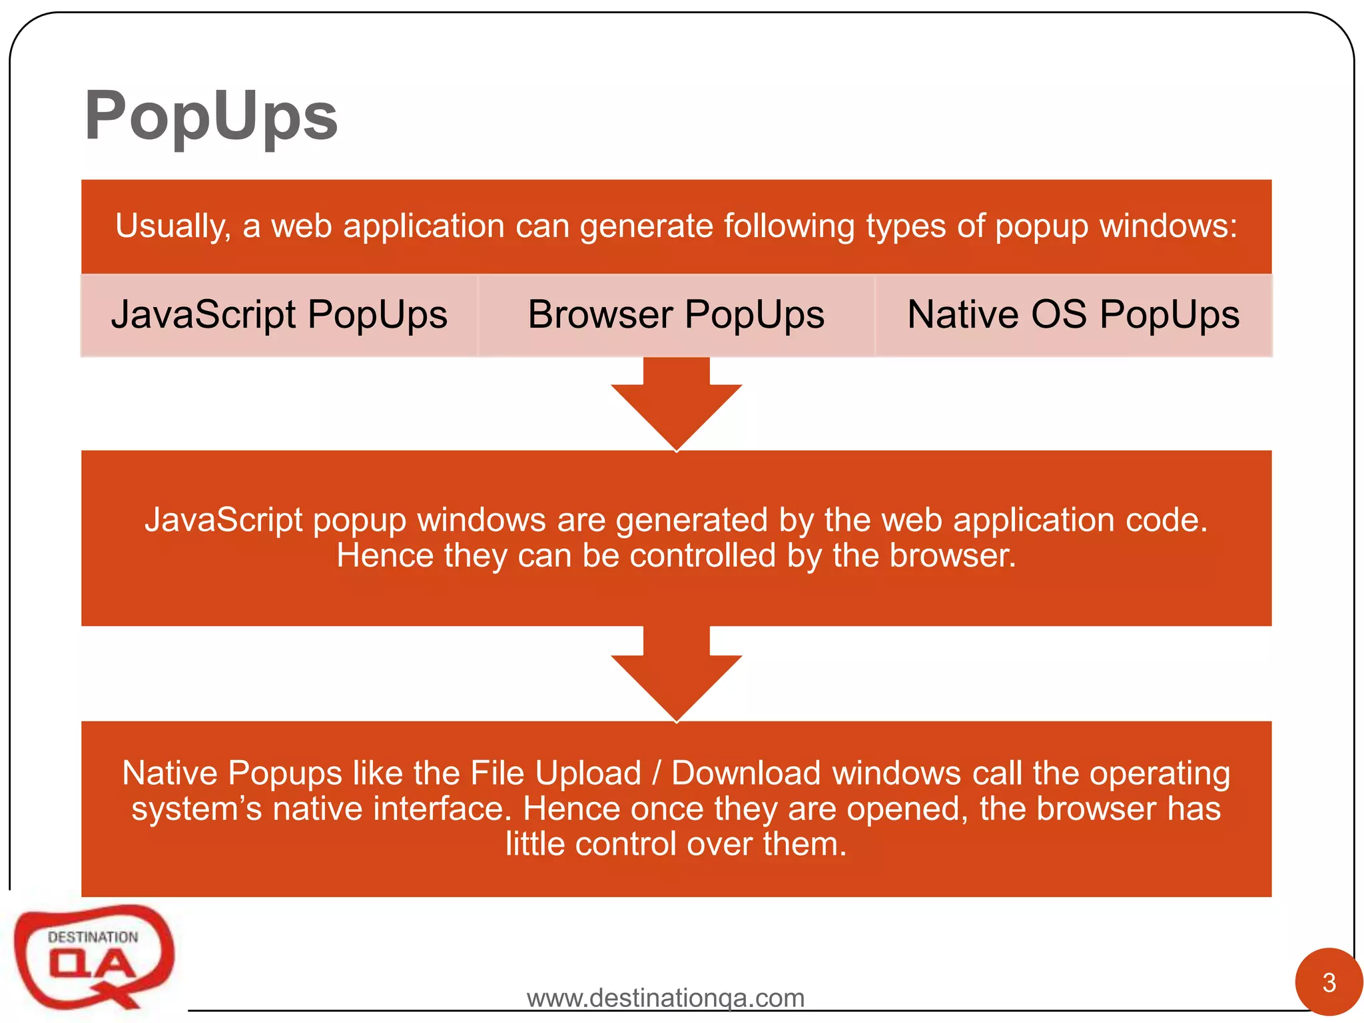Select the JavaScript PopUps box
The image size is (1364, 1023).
[x=279, y=314]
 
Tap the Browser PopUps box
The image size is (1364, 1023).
[x=676, y=314]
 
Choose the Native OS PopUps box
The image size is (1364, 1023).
[x=1073, y=314]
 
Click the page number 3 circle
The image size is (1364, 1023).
[x=1329, y=982]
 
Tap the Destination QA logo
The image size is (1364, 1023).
[x=94, y=956]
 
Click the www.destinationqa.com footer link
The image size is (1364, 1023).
[x=665, y=998]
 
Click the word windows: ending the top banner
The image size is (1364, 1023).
[x=1168, y=226]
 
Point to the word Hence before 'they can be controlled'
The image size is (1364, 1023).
[x=385, y=555]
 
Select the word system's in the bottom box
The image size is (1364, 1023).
[x=196, y=809]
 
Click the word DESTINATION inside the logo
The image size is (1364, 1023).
[x=93, y=937]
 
